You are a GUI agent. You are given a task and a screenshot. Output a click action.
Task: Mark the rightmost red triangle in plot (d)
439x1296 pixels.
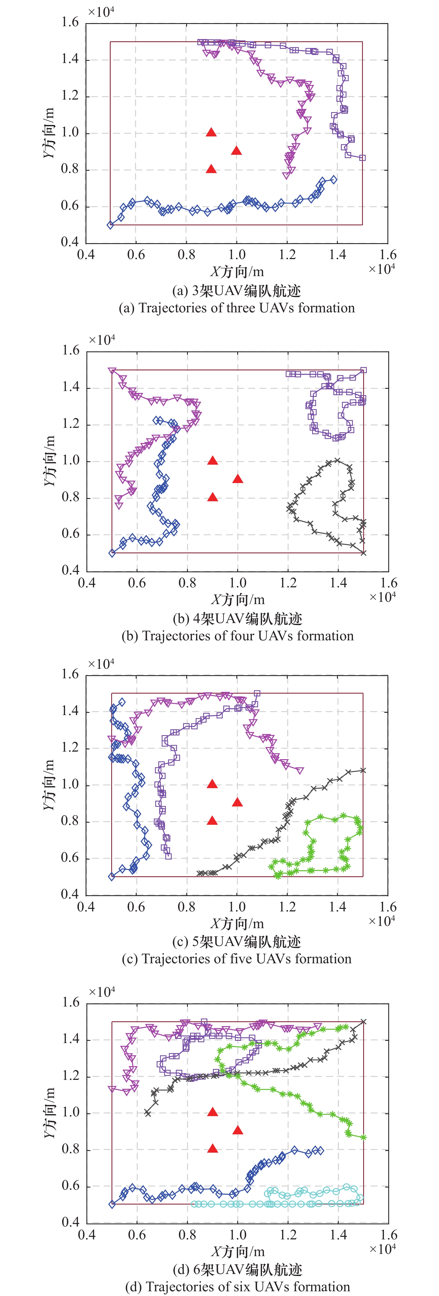click(x=238, y=1130)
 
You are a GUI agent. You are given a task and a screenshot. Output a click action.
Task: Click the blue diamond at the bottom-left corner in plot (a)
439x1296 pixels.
click(x=110, y=225)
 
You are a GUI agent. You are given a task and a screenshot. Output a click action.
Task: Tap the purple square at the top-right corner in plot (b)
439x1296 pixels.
click(x=363, y=370)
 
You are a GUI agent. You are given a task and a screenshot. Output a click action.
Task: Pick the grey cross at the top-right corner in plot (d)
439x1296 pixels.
click(x=363, y=1022)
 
